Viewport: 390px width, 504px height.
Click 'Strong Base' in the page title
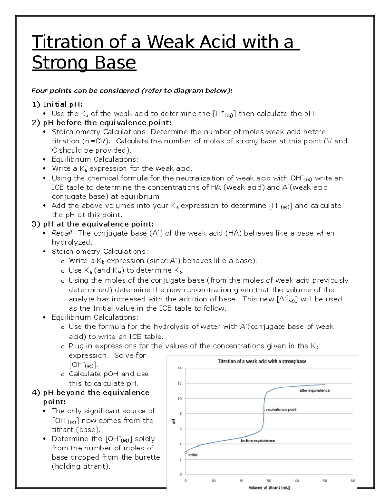tap(84, 63)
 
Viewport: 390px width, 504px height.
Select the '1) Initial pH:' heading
tap(57, 104)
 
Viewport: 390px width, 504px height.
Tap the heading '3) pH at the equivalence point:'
tap(93, 224)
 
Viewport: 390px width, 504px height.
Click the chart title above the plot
tap(262, 361)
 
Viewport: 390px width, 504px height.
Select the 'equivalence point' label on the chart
tap(281, 410)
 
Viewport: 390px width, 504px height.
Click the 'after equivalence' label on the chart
tap(314, 390)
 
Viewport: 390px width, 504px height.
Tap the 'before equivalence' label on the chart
tap(258, 441)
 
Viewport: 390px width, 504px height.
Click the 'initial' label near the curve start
tap(193, 455)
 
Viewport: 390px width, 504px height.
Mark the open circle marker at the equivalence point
tap(264, 410)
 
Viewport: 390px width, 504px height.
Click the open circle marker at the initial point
tap(186, 452)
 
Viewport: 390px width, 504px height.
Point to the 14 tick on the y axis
tap(179, 368)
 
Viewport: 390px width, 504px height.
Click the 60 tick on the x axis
tap(353, 481)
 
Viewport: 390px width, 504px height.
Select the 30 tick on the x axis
tap(269, 481)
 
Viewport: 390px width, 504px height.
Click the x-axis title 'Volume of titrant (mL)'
tap(269, 488)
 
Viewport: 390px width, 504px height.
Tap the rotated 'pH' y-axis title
tap(174, 421)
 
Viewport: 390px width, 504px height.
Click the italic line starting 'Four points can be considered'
tap(132, 91)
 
